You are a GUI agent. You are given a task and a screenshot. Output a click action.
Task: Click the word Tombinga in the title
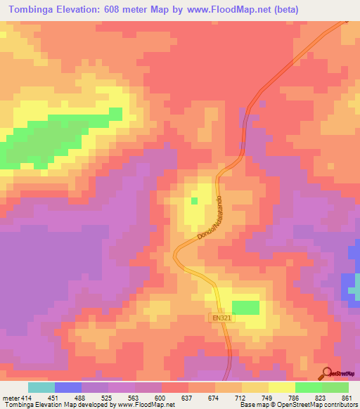pos(36,9)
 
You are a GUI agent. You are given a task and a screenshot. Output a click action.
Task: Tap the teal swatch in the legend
pos(41,388)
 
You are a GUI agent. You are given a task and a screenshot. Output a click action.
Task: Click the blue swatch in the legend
pos(68,388)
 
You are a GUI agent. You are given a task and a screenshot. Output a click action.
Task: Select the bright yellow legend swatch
pos(282,388)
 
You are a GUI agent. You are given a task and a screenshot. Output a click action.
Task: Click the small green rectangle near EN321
pos(245,307)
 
